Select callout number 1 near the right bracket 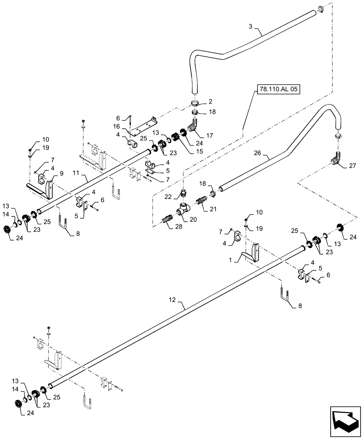click(230, 260)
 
